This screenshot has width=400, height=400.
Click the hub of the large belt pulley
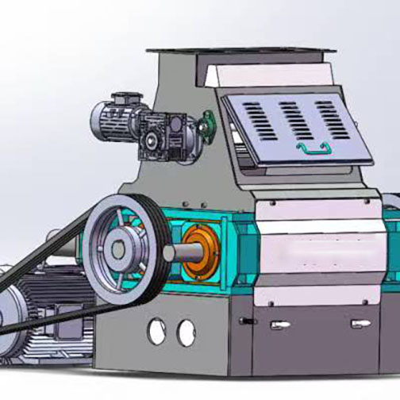point(120,249)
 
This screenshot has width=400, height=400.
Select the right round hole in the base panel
point(186,331)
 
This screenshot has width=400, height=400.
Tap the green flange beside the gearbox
point(208,123)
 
